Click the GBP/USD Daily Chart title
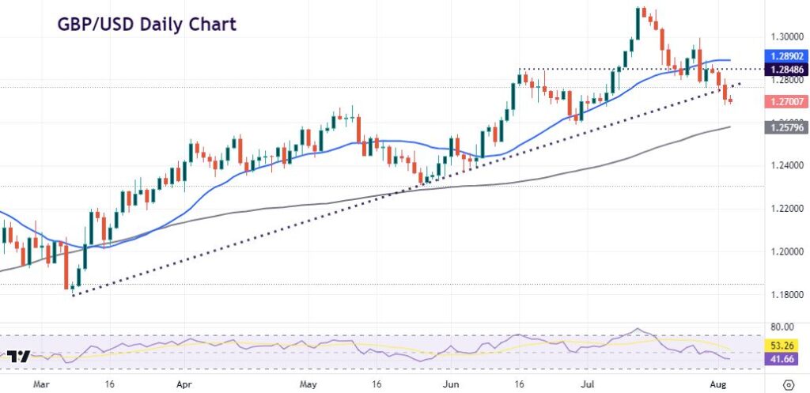click(x=146, y=25)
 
